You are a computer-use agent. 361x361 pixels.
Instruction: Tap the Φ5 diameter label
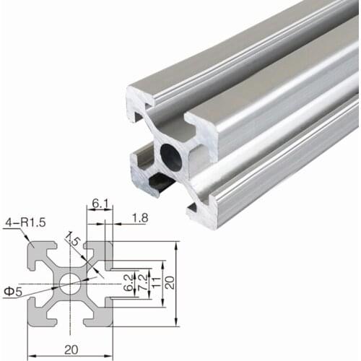pyautogui.click(x=13, y=291)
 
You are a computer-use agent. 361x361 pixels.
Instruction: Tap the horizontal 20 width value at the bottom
pyautogui.click(x=71, y=349)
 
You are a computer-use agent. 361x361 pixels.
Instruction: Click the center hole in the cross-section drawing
pyautogui.click(x=70, y=284)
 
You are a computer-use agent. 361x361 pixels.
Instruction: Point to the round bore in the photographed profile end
pyautogui.click(x=172, y=157)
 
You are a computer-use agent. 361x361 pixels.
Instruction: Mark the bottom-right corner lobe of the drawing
pyautogui.click(x=103, y=316)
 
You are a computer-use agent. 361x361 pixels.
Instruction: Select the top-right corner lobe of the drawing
pyautogui.click(x=103, y=252)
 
